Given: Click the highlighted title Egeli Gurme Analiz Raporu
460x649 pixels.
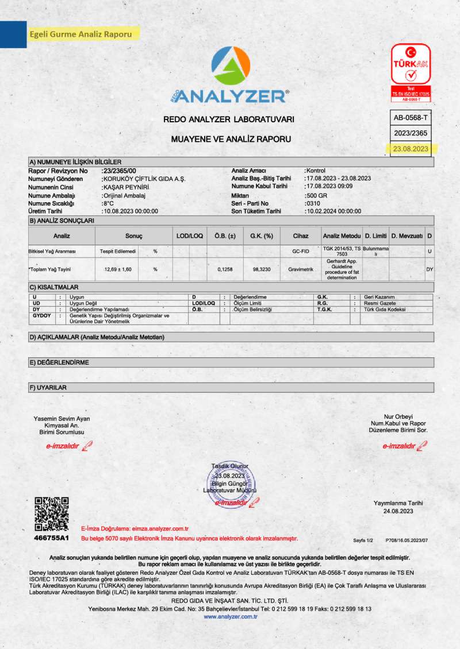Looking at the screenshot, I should point(82,34).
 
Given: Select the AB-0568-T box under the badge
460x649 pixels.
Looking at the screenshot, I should point(411,117).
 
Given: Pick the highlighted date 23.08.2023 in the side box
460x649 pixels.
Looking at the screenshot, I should point(411,148).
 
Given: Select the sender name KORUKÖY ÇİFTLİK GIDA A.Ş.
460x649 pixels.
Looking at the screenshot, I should point(143,179).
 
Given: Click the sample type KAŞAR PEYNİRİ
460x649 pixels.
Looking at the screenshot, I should point(125,187).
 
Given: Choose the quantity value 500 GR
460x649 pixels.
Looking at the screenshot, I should point(316,195).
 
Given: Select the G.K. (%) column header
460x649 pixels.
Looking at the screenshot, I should point(261,236).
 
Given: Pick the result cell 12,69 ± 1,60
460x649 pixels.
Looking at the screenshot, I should point(117,269).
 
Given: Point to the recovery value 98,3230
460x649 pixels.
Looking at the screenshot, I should point(261,269).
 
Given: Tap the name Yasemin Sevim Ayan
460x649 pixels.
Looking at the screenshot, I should point(62,419).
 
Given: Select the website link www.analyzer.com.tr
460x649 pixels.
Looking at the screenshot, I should point(230,616).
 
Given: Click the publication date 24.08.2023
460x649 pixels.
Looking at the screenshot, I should point(398,511).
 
